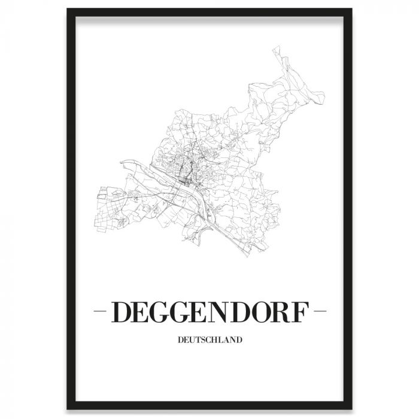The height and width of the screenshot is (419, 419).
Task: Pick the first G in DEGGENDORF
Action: tap(161, 313)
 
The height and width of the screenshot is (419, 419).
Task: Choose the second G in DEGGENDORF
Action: tap(183, 313)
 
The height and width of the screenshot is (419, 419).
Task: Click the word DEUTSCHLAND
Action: tap(209, 341)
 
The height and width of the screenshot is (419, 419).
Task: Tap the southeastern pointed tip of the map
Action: tap(245, 258)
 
